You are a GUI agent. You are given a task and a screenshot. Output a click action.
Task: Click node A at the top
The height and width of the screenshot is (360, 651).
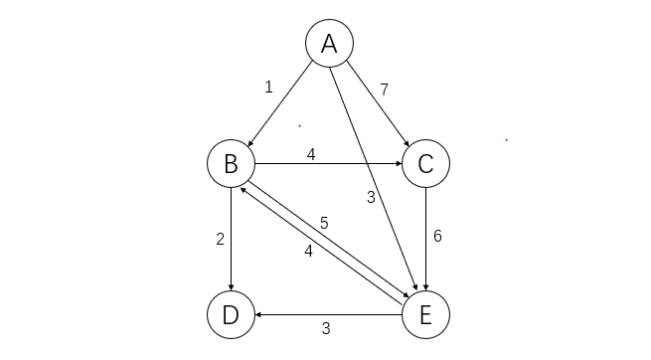coord(329,43)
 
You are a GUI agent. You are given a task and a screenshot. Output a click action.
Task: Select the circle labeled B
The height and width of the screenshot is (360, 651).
coord(231,163)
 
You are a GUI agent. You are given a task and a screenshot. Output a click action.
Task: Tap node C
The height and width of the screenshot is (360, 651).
coord(425,163)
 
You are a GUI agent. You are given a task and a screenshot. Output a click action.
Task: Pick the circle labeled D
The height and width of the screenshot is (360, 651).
coord(231,315)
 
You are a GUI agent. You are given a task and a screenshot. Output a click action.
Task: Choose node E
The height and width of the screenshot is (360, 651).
coord(425,315)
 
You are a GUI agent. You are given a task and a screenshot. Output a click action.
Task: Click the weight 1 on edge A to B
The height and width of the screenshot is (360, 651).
coord(268,87)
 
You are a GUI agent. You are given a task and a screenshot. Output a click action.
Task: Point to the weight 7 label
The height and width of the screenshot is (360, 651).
coord(384,90)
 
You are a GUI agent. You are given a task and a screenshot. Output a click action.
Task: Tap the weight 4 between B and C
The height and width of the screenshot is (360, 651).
coord(311,154)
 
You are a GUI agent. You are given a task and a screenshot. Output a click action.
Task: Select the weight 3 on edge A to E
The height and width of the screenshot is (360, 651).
coord(370,197)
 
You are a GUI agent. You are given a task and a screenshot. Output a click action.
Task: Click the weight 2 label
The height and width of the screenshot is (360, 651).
coord(221,239)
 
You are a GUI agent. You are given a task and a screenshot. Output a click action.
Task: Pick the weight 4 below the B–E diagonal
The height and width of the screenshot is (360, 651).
coord(308,252)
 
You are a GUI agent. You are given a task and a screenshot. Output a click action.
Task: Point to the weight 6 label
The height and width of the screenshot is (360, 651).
coord(436,237)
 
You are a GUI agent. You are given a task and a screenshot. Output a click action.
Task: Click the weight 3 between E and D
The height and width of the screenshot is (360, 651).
coord(325,328)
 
